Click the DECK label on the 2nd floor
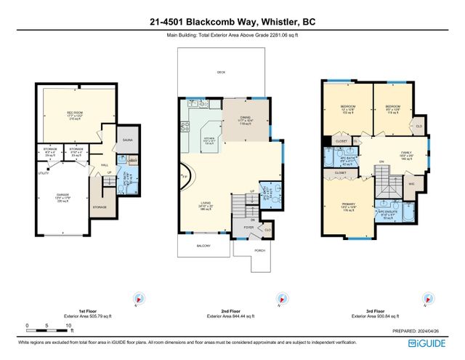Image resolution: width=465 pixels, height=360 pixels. click(x=221, y=73)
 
